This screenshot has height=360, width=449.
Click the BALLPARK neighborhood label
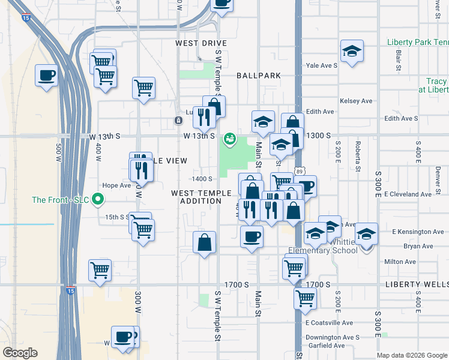(259, 76)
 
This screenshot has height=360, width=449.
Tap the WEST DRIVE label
(201, 44)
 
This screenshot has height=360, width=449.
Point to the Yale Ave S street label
(321, 66)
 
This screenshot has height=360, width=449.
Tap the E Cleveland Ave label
(408, 194)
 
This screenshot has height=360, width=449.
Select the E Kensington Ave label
(418, 232)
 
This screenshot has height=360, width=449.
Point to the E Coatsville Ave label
(330, 323)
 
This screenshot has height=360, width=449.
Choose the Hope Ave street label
(116, 186)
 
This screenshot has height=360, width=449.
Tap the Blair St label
(398, 61)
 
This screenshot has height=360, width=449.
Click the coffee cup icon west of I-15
(46, 76)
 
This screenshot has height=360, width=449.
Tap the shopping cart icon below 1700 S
(305, 298)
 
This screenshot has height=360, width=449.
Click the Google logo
(20, 353)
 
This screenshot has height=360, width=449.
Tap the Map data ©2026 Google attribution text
(411, 355)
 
